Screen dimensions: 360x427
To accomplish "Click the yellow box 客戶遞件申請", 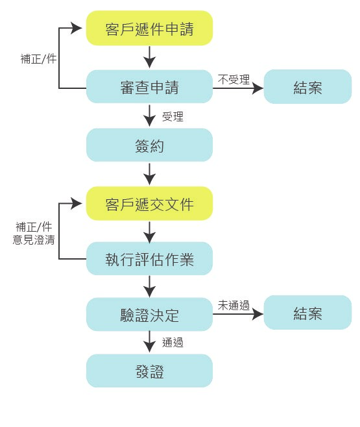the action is tap(149, 28).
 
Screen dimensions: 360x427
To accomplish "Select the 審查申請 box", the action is tap(149, 86).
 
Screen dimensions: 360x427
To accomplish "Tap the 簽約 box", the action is tap(149, 145).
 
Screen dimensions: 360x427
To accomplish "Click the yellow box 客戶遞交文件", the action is tap(149, 203).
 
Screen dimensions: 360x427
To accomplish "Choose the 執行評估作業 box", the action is tap(149, 258).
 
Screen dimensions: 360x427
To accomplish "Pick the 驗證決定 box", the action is tap(149, 314).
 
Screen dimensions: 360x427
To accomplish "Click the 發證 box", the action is tap(149, 371).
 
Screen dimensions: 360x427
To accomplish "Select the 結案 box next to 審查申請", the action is tap(307, 86).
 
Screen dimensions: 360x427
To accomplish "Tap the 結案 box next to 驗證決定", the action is tap(307, 312).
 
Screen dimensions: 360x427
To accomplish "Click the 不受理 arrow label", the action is tap(234, 80).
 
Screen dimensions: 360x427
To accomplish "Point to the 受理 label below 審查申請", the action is tap(173, 117).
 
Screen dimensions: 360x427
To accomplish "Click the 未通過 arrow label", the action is tap(234, 305).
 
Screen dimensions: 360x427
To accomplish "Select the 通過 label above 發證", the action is tap(173, 342).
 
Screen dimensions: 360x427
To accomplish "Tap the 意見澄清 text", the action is tap(34, 240).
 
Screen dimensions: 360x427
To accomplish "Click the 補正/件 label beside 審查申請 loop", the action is tap(38, 59).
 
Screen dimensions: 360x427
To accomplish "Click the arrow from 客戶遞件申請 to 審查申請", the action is tap(149, 57).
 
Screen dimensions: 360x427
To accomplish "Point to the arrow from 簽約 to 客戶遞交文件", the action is tap(149, 174).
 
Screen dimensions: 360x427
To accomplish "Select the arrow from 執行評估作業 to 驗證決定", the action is tap(149, 286).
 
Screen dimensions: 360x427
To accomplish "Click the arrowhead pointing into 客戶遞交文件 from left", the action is tap(77, 203).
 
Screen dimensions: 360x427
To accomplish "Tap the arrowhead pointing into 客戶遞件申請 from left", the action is tap(77, 28).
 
